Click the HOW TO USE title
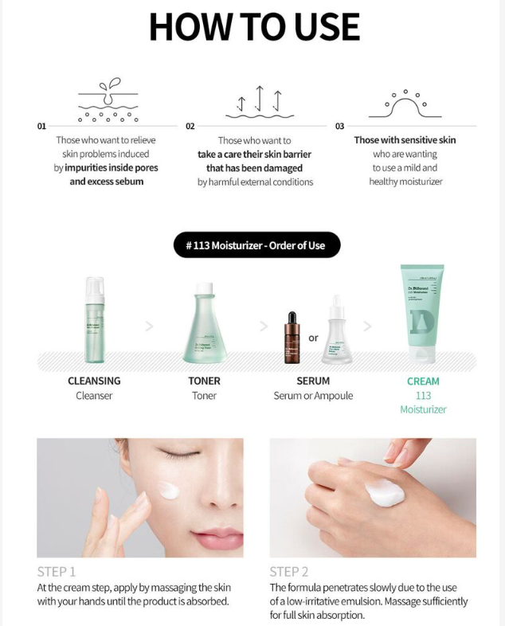pyautogui.click(x=254, y=27)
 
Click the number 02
pyautogui.click(x=190, y=127)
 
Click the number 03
pyautogui.click(x=339, y=127)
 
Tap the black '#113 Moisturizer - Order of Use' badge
pyautogui.click(x=256, y=245)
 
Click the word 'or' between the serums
pyautogui.click(x=314, y=338)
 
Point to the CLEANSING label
pyautogui.click(x=94, y=381)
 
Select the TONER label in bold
pyautogui.click(x=205, y=381)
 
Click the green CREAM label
pyautogui.click(x=423, y=381)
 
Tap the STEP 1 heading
pyautogui.click(x=57, y=571)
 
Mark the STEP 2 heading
pyautogui.click(x=289, y=571)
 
